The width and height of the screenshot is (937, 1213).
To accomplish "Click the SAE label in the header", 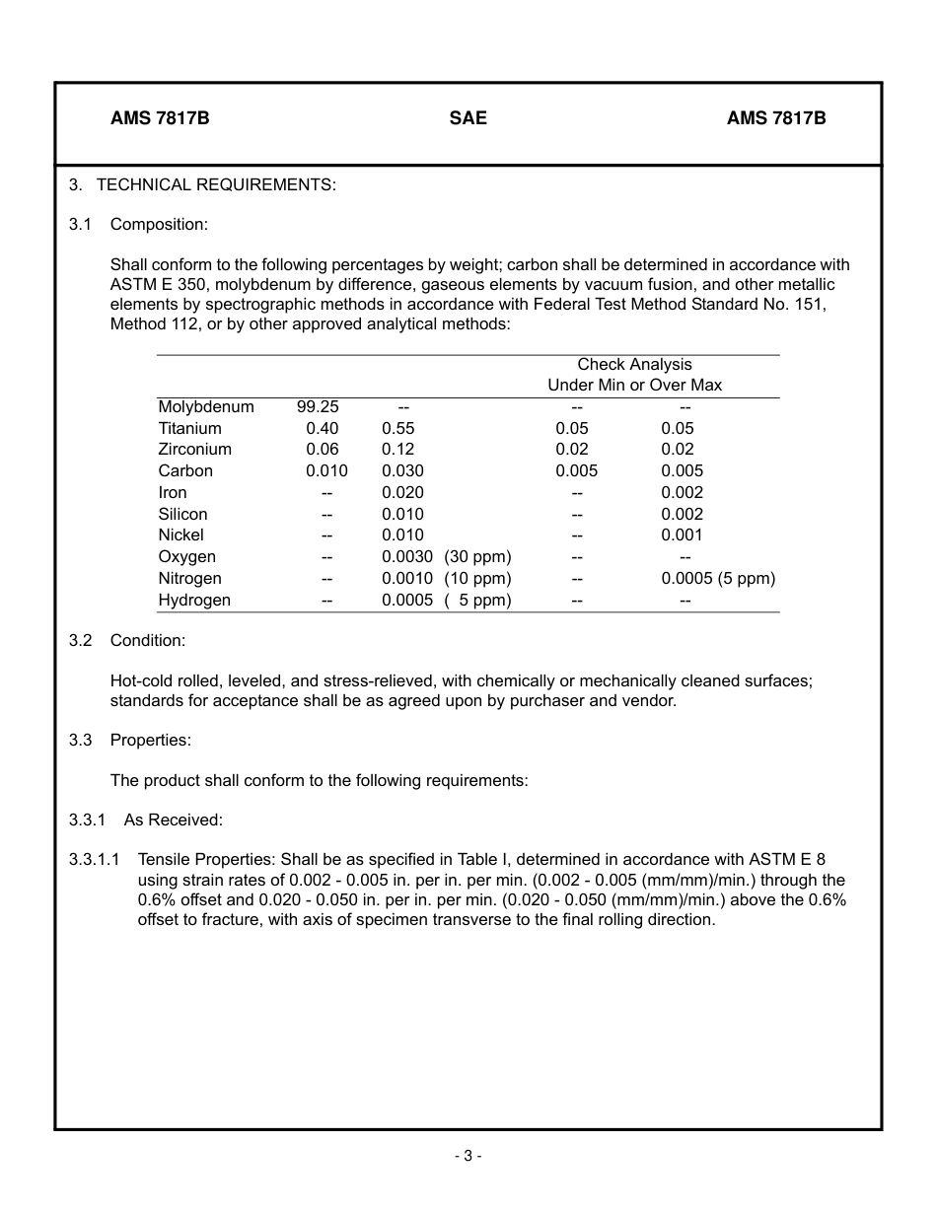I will [x=468, y=118].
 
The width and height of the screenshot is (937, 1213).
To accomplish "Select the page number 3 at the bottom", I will [x=468, y=1157].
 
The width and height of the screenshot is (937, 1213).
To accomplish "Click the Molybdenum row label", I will [x=206, y=407].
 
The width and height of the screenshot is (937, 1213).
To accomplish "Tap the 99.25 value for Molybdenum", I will [x=318, y=407].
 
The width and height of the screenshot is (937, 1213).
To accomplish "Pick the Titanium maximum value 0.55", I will [x=398, y=429].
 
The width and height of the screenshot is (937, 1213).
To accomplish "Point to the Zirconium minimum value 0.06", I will [x=323, y=450].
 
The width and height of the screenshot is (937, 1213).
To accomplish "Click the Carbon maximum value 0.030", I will [x=402, y=471].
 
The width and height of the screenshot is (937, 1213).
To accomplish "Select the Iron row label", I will [x=173, y=493].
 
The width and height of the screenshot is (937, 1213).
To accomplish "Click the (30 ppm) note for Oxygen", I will [x=477, y=557].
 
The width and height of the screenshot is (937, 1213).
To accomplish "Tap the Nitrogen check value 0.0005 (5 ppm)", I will [x=718, y=579].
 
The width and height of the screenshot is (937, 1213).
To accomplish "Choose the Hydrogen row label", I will [x=194, y=601].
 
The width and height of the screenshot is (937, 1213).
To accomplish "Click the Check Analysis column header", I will [x=634, y=365].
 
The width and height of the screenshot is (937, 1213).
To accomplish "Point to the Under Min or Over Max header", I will [x=634, y=386].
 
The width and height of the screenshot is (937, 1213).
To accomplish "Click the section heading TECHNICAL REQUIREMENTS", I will [x=216, y=184].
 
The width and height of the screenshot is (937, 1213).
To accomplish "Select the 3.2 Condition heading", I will [x=147, y=641].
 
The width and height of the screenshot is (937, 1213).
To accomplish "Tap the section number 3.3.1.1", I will [x=95, y=860].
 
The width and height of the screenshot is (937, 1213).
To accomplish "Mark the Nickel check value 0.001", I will [x=682, y=535].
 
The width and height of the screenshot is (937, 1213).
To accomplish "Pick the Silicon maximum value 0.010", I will [x=402, y=515].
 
